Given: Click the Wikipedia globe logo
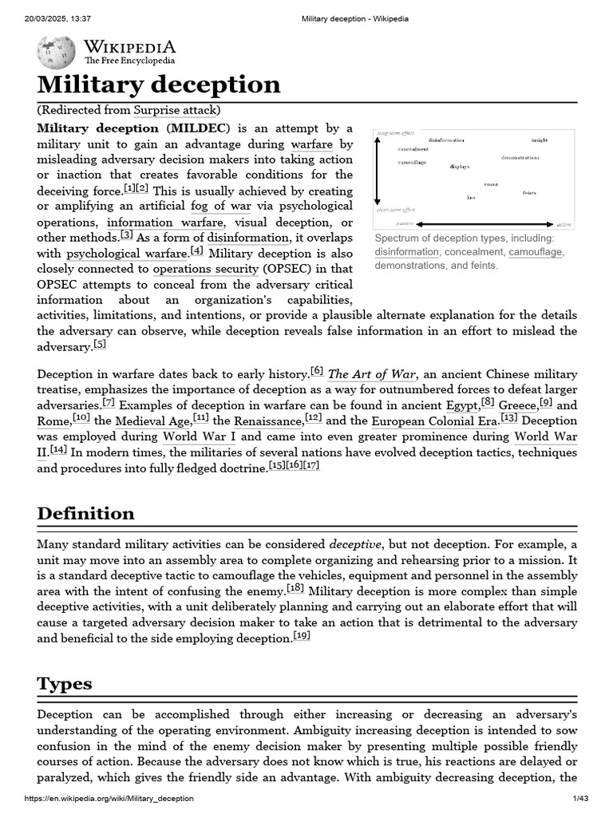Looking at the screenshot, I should [56, 51].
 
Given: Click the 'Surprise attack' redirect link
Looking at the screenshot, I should [176, 110].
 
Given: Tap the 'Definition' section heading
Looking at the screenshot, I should [85, 513].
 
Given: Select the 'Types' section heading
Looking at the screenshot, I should [65, 684].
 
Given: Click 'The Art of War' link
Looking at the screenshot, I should [372, 373].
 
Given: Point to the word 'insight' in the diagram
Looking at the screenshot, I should [540, 140].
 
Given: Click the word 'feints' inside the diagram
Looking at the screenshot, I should [529, 192].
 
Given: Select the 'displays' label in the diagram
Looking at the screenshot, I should [459, 167].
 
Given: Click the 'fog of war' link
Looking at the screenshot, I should [220, 206].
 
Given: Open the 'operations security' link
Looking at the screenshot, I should [204, 269].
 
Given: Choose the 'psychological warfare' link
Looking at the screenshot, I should [126, 253].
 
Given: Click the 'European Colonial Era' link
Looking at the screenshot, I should [433, 420].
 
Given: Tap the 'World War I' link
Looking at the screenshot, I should [200, 436].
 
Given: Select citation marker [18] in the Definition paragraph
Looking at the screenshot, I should [295, 589].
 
